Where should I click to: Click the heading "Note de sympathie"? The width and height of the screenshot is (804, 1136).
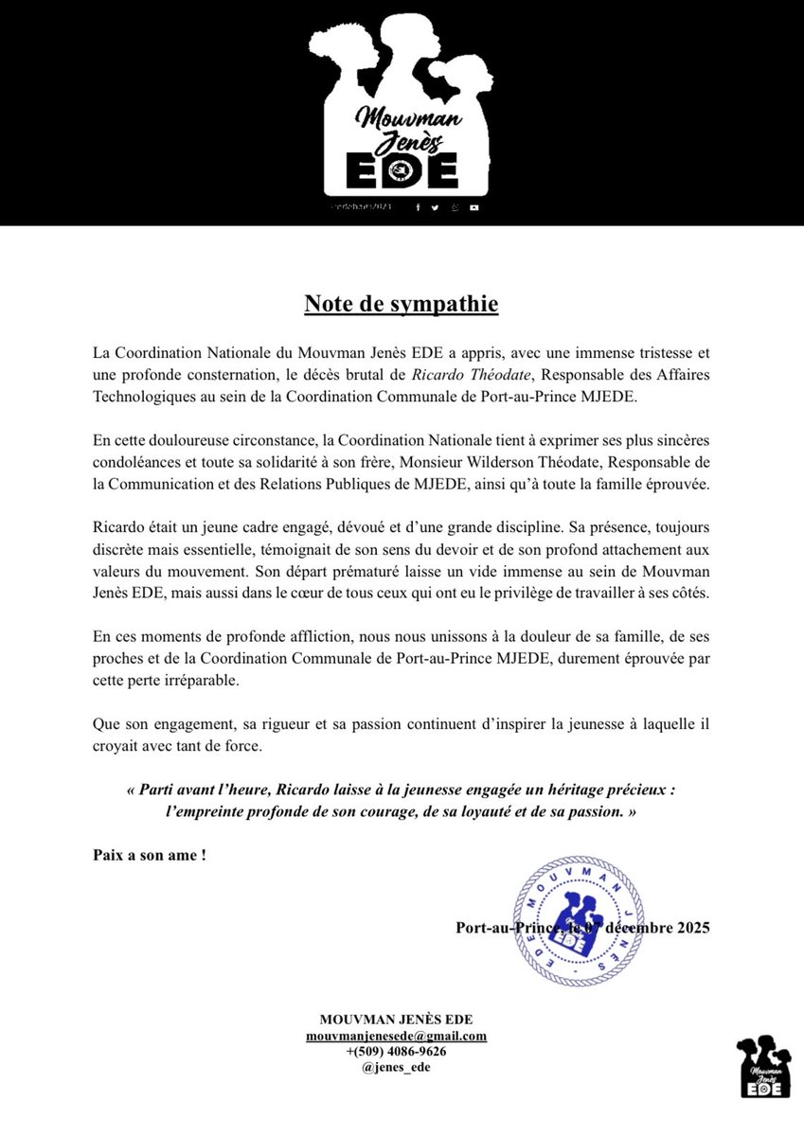tap(401, 304)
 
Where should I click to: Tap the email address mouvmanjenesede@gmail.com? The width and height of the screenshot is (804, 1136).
tap(396, 1036)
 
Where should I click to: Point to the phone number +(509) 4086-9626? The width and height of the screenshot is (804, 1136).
tap(396, 1051)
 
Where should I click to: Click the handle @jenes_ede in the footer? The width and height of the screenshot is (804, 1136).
tap(396, 1066)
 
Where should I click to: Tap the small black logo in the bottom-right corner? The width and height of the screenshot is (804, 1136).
tap(763, 1067)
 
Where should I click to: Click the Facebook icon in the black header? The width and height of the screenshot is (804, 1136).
tap(419, 207)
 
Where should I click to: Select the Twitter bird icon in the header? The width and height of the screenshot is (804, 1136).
tap(436, 207)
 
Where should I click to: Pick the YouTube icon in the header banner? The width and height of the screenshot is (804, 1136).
tap(473, 207)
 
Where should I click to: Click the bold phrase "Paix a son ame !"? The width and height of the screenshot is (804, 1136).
tap(150, 855)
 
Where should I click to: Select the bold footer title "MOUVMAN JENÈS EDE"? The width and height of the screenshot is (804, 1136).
tap(396, 1020)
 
